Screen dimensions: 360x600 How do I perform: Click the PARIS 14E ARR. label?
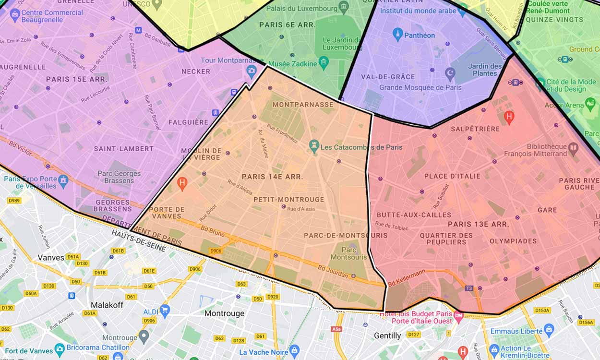click(x=272, y=177)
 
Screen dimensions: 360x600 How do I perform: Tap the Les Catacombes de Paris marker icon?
click(x=314, y=144)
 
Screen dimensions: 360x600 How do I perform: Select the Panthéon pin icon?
click(x=397, y=34)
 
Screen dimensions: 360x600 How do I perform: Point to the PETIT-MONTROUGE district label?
click(x=288, y=200)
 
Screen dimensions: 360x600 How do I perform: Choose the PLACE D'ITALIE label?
click(x=452, y=176)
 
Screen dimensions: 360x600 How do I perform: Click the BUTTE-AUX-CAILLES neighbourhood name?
click(x=414, y=215)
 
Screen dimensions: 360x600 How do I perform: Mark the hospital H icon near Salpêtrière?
click(x=509, y=116)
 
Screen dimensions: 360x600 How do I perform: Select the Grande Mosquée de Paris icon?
click(x=450, y=74)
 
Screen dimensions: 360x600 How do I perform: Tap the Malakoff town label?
click(x=107, y=305)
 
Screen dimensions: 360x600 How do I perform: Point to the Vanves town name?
click(x=51, y=258)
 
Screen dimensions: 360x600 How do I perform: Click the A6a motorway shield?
click(x=336, y=329)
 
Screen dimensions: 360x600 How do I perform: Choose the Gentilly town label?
click(x=387, y=336)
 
